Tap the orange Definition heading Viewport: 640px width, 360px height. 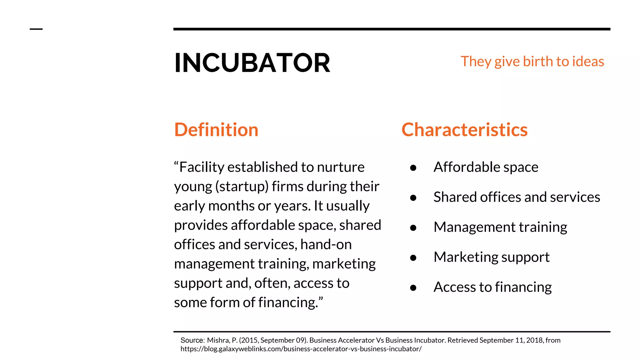coord(216,130)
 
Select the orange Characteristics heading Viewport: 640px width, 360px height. coord(464,130)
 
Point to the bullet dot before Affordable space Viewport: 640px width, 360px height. coord(413,168)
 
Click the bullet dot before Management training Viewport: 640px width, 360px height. coord(413,228)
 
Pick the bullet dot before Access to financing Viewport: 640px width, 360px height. coord(413,288)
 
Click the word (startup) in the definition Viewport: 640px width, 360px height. coord(242,187)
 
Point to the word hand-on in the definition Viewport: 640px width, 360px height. coord(326,244)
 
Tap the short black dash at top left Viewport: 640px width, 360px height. coord(36,29)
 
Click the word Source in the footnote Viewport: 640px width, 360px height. coord(192,340)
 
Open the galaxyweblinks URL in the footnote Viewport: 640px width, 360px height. coord(301,349)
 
